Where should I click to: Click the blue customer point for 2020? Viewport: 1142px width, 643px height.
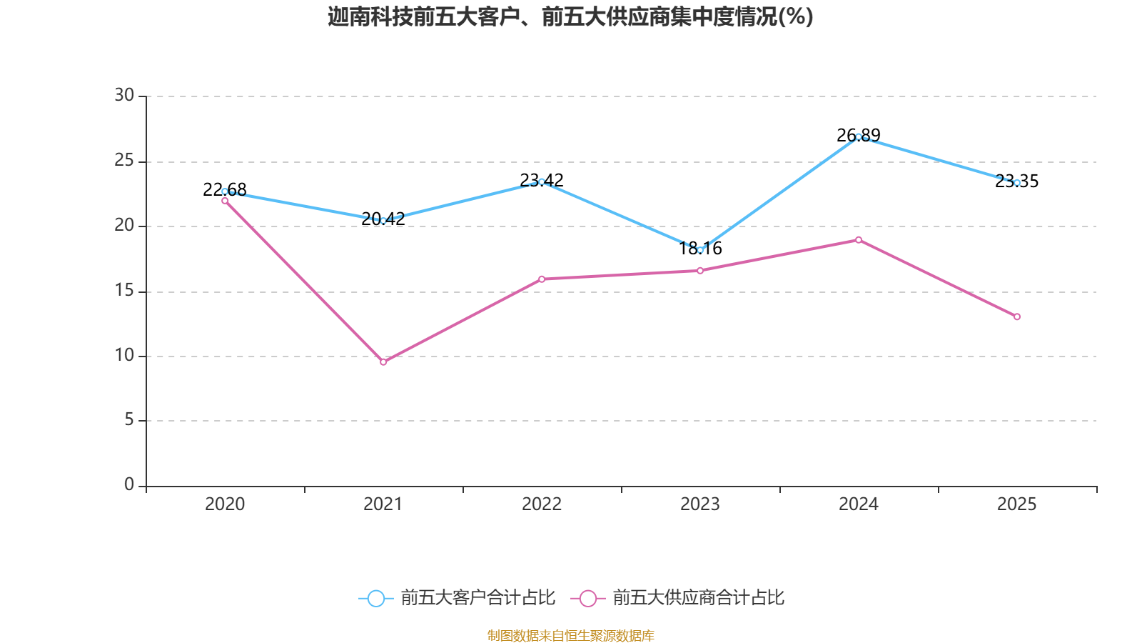(225, 191)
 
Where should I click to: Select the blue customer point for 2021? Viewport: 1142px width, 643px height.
(383, 221)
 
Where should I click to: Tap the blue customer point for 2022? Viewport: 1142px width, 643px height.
(542, 181)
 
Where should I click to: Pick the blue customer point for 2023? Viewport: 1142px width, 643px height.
(700, 250)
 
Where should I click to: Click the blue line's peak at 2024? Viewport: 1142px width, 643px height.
(859, 136)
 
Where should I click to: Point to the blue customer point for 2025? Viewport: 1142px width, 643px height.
(1017, 183)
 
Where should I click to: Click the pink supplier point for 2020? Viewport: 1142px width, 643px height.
(225, 201)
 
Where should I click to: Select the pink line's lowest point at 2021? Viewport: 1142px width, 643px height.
(383, 362)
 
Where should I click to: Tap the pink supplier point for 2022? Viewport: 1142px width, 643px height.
(542, 279)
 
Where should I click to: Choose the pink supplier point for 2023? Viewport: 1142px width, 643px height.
(700, 271)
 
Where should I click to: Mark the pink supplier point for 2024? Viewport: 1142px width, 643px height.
(859, 240)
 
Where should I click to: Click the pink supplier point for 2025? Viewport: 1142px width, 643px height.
(1017, 316)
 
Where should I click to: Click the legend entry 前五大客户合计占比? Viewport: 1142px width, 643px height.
(457, 598)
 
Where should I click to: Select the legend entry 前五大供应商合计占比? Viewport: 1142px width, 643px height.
(678, 598)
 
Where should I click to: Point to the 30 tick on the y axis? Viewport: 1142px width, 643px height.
(124, 95)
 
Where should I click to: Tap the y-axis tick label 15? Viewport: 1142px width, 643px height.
(124, 290)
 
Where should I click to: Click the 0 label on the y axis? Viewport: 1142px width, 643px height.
(129, 484)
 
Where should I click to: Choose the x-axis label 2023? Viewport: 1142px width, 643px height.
(700, 504)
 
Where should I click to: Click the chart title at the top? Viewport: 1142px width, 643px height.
(570, 16)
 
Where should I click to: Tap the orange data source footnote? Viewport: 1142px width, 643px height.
(570, 635)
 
